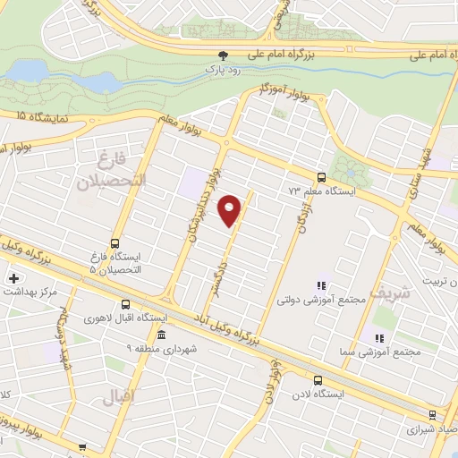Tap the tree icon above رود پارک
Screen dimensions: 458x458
[223, 54]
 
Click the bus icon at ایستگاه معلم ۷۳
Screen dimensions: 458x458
[321, 176]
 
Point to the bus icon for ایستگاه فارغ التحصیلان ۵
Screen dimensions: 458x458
[114, 242]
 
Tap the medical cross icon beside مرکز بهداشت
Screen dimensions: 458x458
[12, 278]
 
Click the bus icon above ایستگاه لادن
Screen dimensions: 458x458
[319, 379]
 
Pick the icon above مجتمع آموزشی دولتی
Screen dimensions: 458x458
[321, 286]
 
